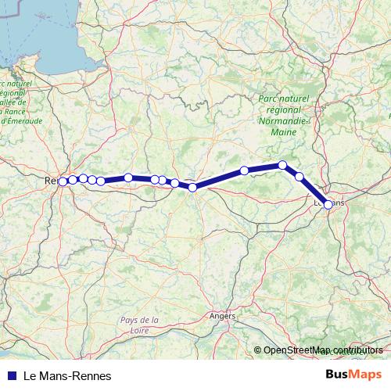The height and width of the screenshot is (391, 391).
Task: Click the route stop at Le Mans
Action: coord(328,204)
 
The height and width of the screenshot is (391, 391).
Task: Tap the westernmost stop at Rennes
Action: coord(63,181)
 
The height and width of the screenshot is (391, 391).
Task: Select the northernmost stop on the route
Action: coord(282,165)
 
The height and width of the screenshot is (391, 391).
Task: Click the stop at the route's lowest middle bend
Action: coord(192,187)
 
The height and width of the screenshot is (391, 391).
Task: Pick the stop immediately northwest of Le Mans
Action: coord(299,177)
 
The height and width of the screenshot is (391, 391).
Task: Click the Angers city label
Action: coord(222,316)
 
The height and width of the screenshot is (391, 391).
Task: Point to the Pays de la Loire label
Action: coord(140,325)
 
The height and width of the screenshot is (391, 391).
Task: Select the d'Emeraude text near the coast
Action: coord(14,120)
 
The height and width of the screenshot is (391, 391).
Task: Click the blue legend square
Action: coord(9,375)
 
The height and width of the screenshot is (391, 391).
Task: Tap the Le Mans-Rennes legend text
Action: coord(68,375)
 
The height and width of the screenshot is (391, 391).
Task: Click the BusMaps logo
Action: coord(353,375)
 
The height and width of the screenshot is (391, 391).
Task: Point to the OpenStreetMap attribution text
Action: coord(323,350)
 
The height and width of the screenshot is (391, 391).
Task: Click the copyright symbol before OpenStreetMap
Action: coord(258,350)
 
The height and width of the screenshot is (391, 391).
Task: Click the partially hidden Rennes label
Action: coord(50,181)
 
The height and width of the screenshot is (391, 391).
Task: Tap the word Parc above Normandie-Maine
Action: coord(269,99)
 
